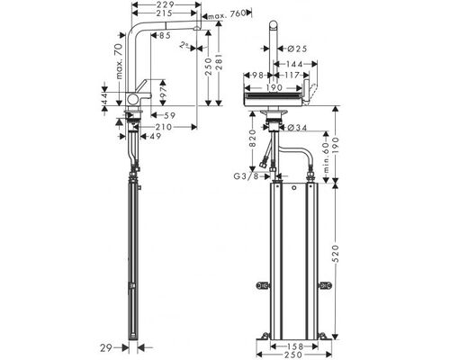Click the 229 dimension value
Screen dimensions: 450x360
(x=166, y=4)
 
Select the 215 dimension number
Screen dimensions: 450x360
(x=165, y=13)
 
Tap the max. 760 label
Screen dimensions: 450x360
(x=227, y=14)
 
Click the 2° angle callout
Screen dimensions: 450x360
(x=184, y=45)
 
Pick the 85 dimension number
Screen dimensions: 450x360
(x=165, y=36)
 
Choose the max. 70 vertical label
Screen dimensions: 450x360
(x=119, y=61)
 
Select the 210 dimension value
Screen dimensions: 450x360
(x=164, y=127)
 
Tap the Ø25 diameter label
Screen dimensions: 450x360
(x=297, y=49)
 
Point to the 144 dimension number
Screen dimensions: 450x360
(x=294, y=64)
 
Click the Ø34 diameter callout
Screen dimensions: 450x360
(x=297, y=128)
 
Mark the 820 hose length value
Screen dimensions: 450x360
(x=253, y=139)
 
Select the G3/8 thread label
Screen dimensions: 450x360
(x=246, y=176)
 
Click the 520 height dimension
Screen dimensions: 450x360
(x=336, y=254)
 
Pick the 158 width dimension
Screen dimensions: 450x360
(x=294, y=346)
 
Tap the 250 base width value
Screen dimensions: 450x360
(x=293, y=355)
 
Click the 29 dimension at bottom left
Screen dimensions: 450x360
(x=106, y=348)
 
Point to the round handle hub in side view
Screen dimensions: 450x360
(x=132, y=99)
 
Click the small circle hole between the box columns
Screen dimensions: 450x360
(x=294, y=188)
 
